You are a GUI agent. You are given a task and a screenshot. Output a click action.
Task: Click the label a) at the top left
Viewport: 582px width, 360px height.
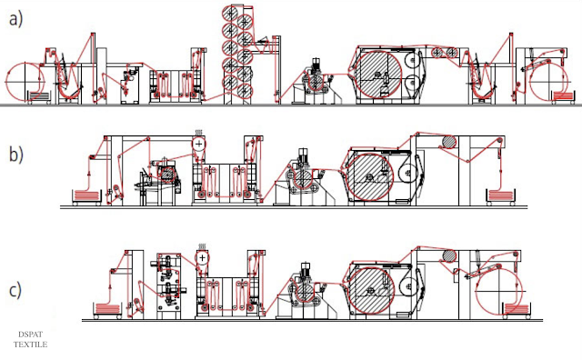[16, 19]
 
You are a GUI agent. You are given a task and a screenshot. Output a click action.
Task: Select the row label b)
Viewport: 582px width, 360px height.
[16, 154]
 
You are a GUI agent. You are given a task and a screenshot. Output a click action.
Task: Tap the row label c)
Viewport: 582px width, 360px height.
[15, 290]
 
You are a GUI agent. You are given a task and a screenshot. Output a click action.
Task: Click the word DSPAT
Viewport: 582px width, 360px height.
[30, 335]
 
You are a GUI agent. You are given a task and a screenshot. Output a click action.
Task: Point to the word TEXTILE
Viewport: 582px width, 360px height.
[30, 345]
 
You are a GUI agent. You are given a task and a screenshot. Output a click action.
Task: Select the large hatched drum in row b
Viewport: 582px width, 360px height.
[370, 177]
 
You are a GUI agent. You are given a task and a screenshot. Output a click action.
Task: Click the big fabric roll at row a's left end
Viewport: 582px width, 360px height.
[25, 82]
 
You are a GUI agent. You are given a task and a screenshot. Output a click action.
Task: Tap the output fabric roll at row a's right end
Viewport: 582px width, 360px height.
[548, 81]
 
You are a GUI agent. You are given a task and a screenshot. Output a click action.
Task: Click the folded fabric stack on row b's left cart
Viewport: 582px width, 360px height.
[87, 195]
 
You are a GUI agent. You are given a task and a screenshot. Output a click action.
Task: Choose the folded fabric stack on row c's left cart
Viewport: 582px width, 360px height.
[108, 308]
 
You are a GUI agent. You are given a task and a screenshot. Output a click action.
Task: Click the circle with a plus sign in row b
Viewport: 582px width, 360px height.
[199, 144]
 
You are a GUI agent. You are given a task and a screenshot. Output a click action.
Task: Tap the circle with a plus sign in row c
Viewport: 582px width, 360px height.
[202, 257]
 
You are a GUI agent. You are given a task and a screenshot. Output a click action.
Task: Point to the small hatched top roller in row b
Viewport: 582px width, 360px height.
[449, 143]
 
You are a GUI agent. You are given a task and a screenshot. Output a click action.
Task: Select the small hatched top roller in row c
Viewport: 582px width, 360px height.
[449, 255]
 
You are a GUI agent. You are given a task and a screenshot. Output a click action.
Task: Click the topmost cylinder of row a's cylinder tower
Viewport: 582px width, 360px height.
[231, 13]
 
